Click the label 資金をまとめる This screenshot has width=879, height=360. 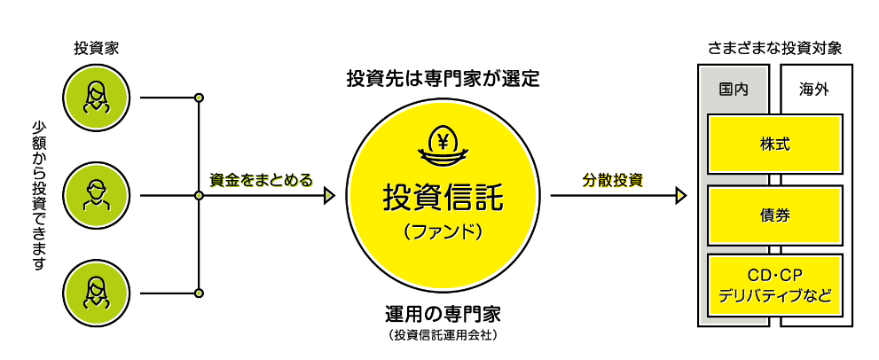pyautogui.click(x=261, y=179)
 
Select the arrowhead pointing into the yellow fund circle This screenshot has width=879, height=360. pyautogui.click(x=329, y=195)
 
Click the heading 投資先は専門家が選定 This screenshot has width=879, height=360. pyautogui.click(x=443, y=78)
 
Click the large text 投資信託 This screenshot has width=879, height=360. pyautogui.click(x=443, y=197)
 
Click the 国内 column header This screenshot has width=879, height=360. pyautogui.click(x=733, y=90)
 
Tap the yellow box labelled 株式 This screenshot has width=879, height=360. pyautogui.click(x=774, y=144)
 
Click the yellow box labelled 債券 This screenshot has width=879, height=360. pyautogui.click(x=774, y=215)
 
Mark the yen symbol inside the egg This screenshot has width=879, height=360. pyautogui.click(x=443, y=138)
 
